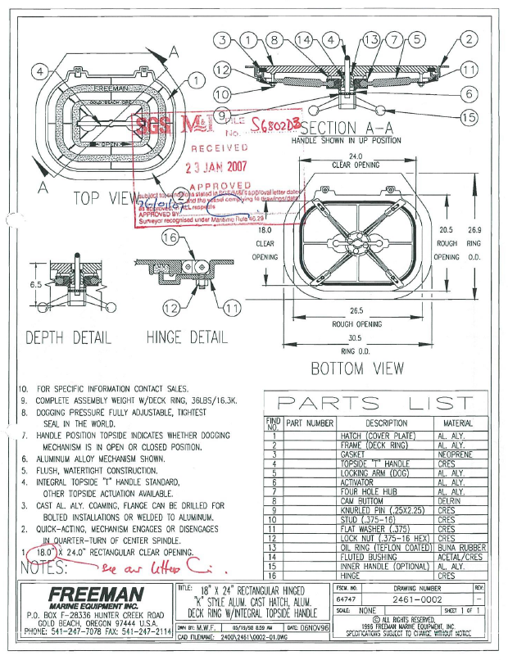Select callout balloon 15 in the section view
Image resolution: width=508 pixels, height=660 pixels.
[468, 118]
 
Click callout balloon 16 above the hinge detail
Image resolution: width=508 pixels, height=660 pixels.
[170, 236]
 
